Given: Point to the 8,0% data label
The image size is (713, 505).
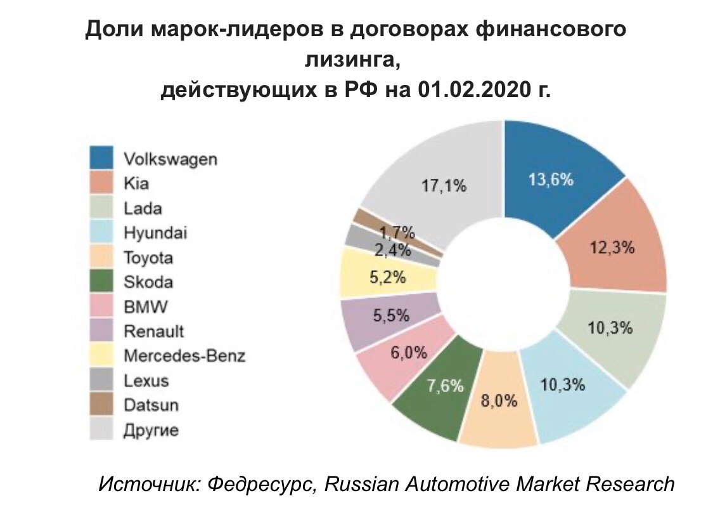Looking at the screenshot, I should (499, 401).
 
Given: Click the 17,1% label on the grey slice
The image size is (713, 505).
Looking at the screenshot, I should (444, 186).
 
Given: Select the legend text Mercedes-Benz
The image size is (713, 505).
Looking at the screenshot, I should (184, 355).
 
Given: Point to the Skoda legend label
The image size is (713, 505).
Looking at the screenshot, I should (148, 282).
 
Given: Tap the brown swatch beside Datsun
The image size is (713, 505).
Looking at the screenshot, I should (101, 404).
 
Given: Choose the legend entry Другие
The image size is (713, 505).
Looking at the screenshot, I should (151, 430).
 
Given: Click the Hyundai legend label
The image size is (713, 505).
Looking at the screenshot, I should (155, 233).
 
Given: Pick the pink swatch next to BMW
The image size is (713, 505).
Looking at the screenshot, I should (101, 306).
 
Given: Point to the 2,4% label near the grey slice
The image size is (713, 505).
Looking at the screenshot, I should (394, 251).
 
